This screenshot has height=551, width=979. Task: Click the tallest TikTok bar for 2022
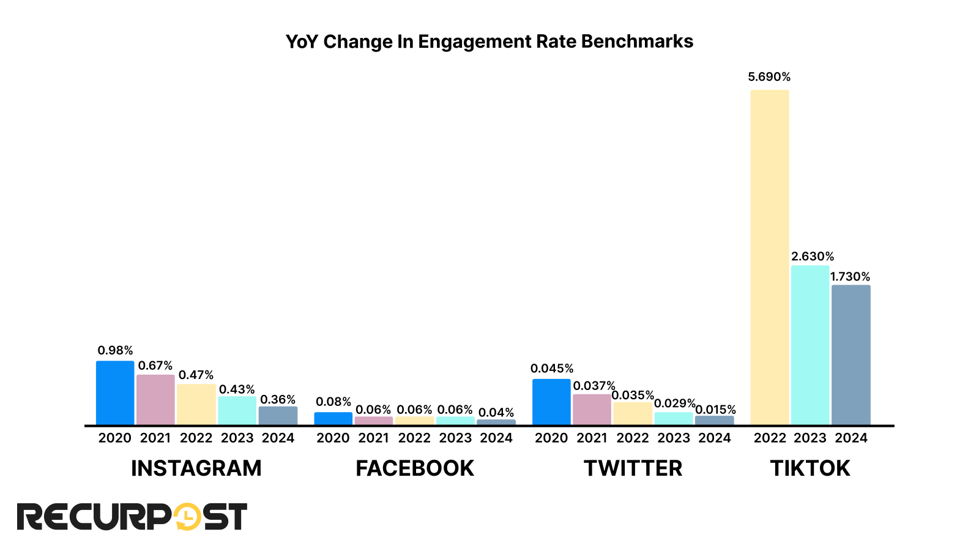point(769,257)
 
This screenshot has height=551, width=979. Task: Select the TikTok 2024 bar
point(851,355)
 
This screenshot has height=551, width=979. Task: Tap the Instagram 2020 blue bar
point(115,393)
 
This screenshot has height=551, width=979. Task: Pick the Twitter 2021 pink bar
point(592,410)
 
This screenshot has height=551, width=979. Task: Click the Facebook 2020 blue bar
point(333,419)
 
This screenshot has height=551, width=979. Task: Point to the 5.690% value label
point(769,77)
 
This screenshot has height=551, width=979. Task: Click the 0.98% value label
point(115,351)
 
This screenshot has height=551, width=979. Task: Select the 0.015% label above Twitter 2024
point(715,410)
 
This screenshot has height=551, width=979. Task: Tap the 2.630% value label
point(813,257)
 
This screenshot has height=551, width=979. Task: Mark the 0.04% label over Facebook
point(496,413)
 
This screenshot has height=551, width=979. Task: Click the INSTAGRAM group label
point(196,468)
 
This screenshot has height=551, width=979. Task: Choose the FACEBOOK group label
point(415,468)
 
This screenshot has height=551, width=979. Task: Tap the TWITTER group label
point(633,468)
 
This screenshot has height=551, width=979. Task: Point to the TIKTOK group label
point(810,468)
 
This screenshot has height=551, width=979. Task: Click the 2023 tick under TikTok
point(810,438)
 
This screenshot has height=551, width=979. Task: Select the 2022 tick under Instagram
point(196,438)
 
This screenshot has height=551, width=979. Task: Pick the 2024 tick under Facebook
point(496,438)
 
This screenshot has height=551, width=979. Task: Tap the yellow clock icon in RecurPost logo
point(187,517)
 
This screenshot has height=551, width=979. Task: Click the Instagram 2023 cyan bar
point(237,411)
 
